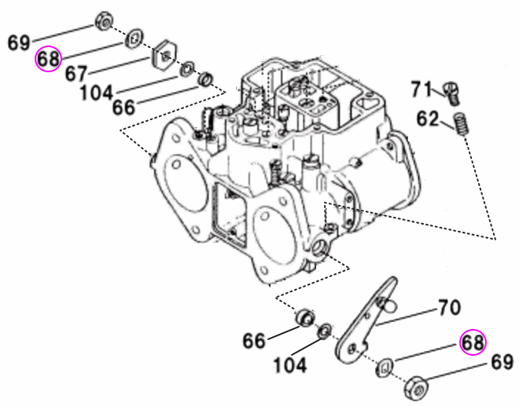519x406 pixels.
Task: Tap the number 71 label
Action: tap(421, 90)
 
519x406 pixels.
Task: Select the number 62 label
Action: tap(428, 119)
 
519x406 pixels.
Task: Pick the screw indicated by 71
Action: tap(451, 93)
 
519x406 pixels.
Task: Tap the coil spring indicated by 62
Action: tap(462, 123)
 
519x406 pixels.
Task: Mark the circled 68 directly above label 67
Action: tap(48, 59)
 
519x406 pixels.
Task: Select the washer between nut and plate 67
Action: tap(134, 36)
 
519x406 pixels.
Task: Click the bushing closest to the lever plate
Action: tap(302, 319)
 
